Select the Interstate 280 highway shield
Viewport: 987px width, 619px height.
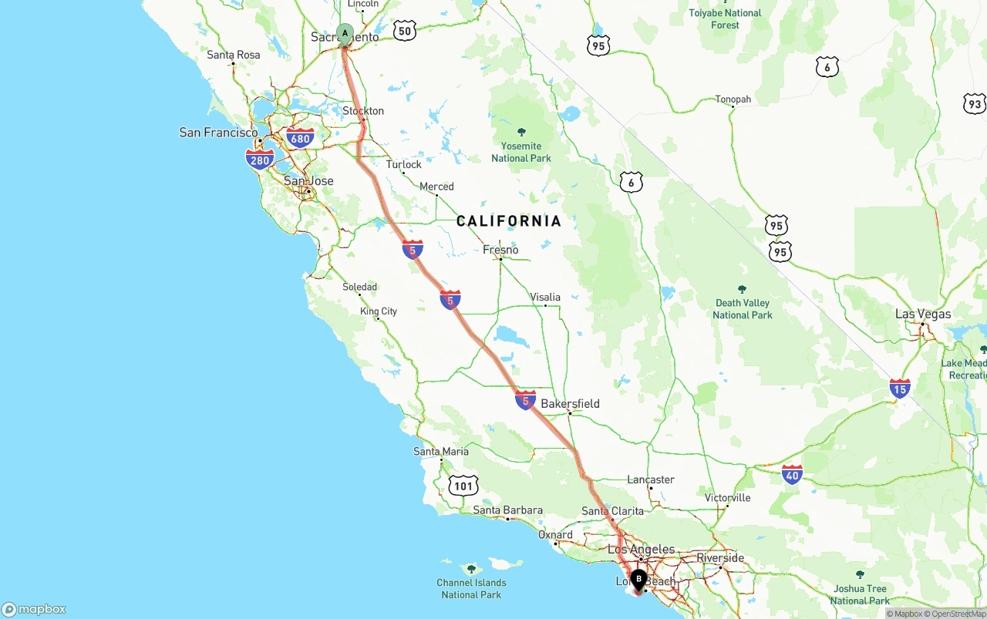point(260,160)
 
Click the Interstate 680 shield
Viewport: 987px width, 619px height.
point(300,139)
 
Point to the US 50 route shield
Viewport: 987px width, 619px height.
point(404,31)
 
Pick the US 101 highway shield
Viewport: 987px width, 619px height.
point(463,486)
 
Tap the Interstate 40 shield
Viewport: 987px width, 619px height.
point(792,474)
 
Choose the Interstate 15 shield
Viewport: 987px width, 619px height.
point(900,388)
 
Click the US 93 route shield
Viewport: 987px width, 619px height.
point(975,104)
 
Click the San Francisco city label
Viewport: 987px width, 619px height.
point(218,133)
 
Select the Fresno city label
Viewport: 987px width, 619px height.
point(500,250)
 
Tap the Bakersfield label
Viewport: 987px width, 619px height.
point(570,403)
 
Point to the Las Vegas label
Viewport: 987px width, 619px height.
point(923,314)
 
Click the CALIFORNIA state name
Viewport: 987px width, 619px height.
point(509,221)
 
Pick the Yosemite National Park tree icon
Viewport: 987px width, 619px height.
point(521,132)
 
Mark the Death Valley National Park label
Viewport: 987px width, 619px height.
point(742,308)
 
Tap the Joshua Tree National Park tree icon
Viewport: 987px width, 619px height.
point(860,574)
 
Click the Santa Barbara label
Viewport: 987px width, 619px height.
point(507,510)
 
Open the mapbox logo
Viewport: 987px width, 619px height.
point(34,609)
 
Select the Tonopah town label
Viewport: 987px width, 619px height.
point(733,99)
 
